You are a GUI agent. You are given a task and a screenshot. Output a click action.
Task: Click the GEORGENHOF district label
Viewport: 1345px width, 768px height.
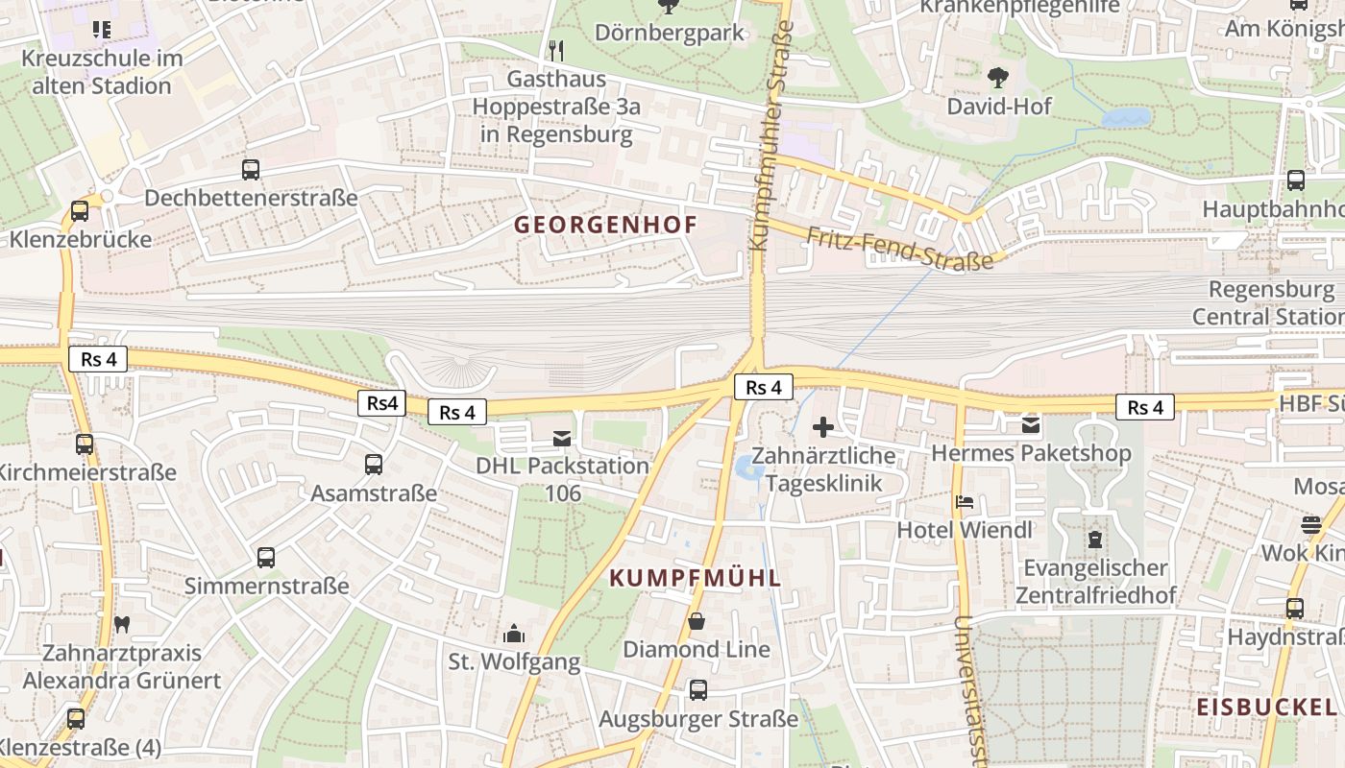coord(605,226)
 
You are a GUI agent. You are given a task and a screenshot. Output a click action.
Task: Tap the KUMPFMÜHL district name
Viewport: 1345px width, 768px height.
coord(696,578)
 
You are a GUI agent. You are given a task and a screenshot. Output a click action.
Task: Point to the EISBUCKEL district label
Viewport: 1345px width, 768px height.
coord(1266,708)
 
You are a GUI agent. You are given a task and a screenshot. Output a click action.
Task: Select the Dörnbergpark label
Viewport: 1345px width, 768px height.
coord(670,33)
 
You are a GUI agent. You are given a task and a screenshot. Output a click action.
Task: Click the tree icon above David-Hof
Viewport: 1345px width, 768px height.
coord(999,76)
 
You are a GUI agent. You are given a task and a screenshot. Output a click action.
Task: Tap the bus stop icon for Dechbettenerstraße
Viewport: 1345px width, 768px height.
coord(251,170)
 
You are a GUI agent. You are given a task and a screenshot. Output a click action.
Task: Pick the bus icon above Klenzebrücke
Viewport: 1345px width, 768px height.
coord(80,210)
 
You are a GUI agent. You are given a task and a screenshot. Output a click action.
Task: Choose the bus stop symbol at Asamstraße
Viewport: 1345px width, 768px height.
coord(374,465)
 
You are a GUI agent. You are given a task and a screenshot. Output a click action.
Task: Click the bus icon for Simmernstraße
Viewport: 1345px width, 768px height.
coord(266,557)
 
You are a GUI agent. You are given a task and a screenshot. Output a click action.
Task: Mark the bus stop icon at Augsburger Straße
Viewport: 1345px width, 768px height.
coord(698,689)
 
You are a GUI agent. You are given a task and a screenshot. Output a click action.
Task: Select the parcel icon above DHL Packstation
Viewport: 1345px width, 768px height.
coord(562,439)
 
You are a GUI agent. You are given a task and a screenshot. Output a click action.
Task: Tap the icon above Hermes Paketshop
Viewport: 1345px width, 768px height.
coord(1031,423)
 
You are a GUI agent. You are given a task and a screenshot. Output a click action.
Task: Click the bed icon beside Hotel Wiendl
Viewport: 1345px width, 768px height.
coord(965,501)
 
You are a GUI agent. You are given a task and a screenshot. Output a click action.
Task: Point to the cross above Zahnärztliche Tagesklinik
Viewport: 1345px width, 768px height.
coord(823,427)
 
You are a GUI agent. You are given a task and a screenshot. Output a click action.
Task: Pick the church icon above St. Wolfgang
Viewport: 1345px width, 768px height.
coord(514,634)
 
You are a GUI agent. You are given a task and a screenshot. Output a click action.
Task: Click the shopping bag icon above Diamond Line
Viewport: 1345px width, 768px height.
coord(697,621)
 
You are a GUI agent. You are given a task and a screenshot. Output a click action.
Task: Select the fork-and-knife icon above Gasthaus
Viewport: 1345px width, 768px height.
coord(556,50)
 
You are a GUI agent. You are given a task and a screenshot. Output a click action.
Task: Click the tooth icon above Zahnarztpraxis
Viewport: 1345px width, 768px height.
coord(121,624)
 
